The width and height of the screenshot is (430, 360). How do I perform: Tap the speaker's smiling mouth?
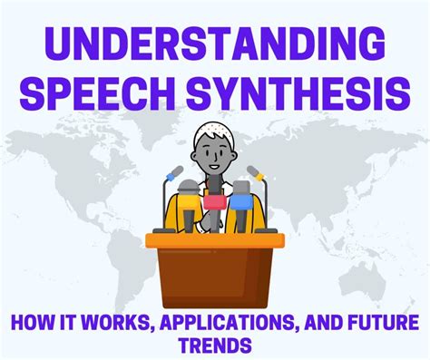click(215, 169)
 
